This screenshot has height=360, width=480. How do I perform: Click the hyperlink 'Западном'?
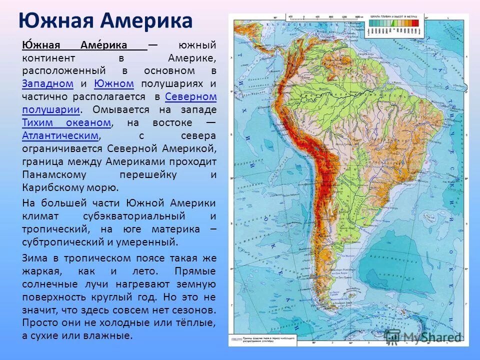48,83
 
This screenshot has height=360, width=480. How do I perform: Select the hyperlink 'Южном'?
113,83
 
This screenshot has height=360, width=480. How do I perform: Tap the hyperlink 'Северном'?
190,96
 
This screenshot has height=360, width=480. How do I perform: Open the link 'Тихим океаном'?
66,122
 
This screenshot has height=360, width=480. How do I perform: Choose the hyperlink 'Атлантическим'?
60,135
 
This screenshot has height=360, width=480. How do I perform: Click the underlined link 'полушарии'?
50,109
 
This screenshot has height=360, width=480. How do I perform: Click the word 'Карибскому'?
53,187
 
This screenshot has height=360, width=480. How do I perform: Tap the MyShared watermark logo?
424,336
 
